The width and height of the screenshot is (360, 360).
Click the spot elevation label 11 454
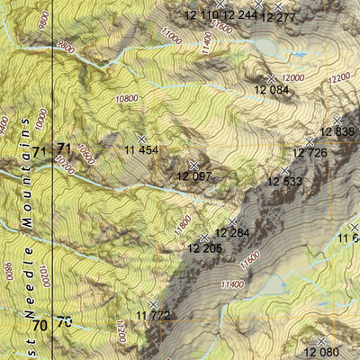[141, 149]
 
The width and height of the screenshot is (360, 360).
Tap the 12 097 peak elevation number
[195, 176]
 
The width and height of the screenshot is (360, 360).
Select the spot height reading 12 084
[272, 90]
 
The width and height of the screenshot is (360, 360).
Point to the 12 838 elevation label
[338, 131]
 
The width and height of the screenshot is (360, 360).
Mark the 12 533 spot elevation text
[284, 182]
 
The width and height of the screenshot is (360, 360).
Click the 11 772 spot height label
[154, 315]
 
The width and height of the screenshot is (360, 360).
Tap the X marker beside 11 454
[140, 138]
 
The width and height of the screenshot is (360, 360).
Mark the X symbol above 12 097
[194, 165]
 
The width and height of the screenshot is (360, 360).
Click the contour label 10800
[128, 98]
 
